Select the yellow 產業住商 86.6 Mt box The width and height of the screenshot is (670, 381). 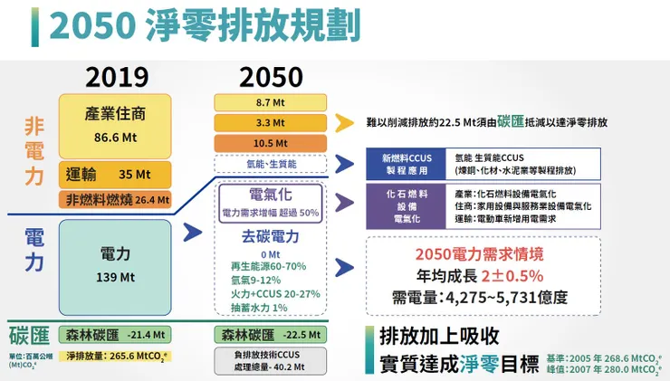[115, 126]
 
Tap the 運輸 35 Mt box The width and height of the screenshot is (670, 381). [115, 174]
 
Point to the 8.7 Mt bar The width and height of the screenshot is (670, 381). [270, 101]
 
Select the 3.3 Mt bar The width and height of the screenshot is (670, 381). [270, 122]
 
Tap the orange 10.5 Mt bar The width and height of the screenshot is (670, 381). [270, 143]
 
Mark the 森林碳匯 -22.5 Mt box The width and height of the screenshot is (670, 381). [270, 335]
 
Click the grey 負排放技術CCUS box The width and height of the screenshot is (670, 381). [270, 360]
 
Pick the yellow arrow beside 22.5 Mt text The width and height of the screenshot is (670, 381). [344, 122]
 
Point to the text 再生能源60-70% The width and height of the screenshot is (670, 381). [270, 267]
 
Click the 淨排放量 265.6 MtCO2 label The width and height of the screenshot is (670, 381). [115, 357]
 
